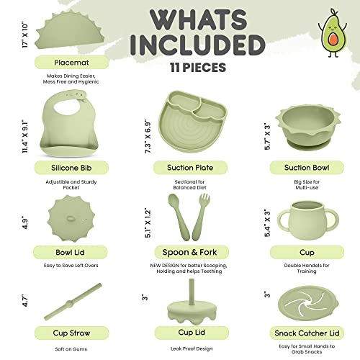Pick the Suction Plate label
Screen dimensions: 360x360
coord(189,167)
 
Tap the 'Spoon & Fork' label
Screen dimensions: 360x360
coord(189,253)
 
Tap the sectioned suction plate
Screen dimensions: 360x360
coord(191,122)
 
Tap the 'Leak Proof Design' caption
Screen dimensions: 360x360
coord(189,348)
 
